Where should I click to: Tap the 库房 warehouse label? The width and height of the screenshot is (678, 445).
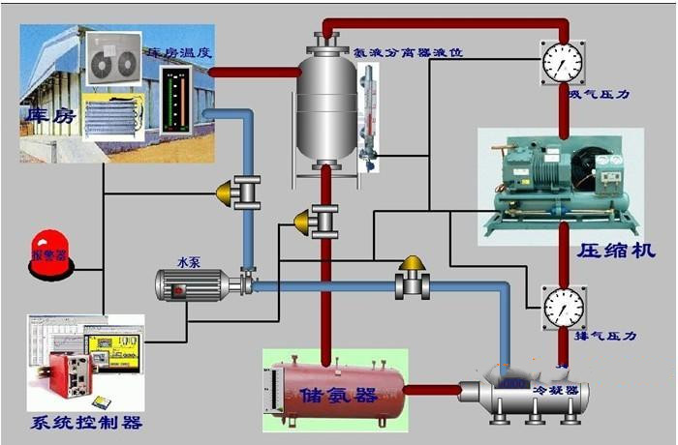click(50, 116)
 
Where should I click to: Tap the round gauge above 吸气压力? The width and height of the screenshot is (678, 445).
click(563, 63)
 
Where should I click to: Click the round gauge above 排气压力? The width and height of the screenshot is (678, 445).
click(563, 307)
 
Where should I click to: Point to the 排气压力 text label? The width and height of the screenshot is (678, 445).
click(604, 336)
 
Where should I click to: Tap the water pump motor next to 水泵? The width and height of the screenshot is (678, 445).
click(192, 283)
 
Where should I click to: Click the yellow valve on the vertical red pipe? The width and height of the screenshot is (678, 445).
click(317, 222)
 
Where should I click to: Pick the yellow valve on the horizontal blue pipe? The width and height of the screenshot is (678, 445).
click(414, 279)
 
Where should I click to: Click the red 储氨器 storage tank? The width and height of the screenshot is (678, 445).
click(333, 392)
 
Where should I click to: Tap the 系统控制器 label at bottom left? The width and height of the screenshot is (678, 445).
click(87, 423)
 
